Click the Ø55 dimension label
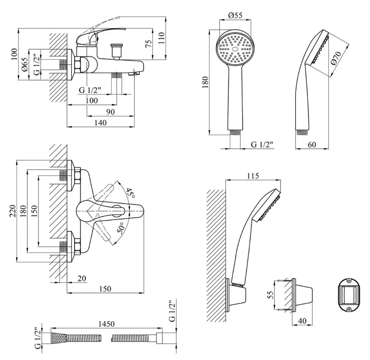pos(235,15)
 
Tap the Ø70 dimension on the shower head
pos(336,58)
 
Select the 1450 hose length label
pos(106,323)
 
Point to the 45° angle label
pos(130,193)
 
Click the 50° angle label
pos(121,228)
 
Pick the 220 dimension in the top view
pos(12,211)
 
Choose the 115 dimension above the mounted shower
pos(253,176)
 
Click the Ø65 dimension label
pos(25,64)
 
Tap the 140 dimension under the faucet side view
pos(100,122)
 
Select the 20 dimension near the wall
pos(81,278)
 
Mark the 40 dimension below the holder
pos(302,321)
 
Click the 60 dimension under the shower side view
pos(312,145)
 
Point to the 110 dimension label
pos(161,38)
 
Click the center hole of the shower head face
pos(235,49)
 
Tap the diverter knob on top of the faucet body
pos(117,51)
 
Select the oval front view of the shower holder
pos(349,295)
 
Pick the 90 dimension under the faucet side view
pos(110,112)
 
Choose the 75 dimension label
pos(148,44)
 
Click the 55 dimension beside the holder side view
pos(271,295)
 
